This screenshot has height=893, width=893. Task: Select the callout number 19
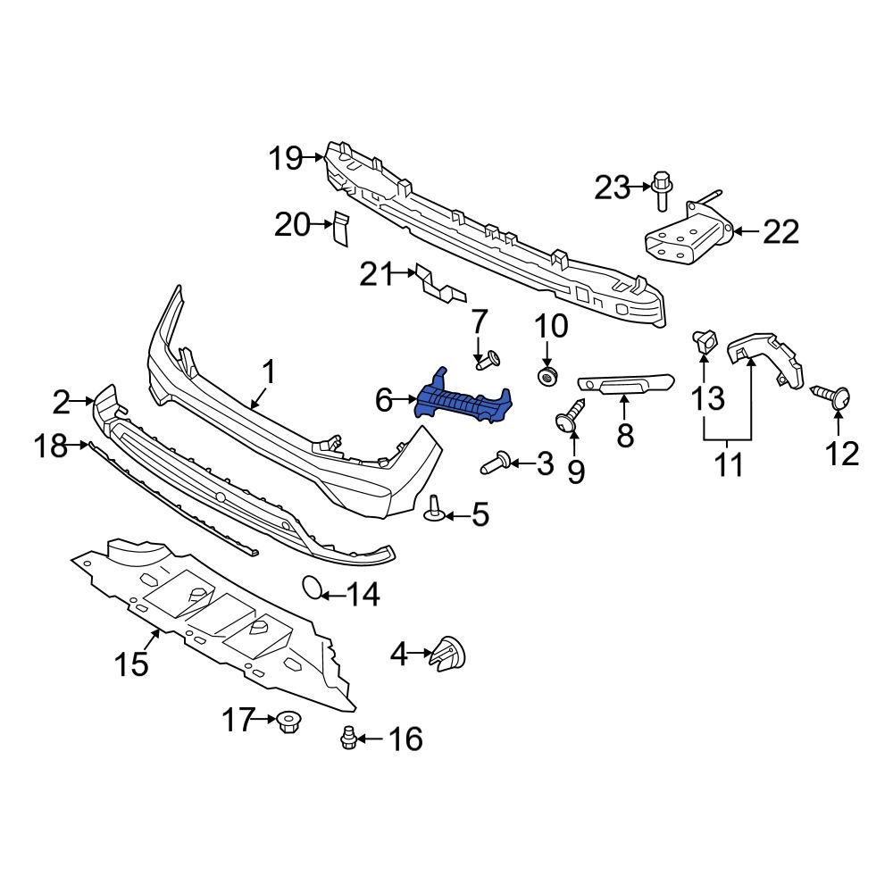pyautogui.click(x=287, y=159)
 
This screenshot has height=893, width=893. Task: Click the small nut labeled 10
pyautogui.click(x=547, y=375)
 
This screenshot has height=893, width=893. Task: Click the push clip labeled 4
pyautogui.click(x=448, y=655)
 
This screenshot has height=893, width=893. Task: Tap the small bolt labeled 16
pyautogui.click(x=349, y=737)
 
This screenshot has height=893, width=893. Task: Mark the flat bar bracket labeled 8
pyautogui.click(x=625, y=384)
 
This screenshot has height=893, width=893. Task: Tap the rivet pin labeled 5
pyautogui.click(x=435, y=507)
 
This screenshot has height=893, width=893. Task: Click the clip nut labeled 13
pyautogui.click(x=705, y=339)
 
